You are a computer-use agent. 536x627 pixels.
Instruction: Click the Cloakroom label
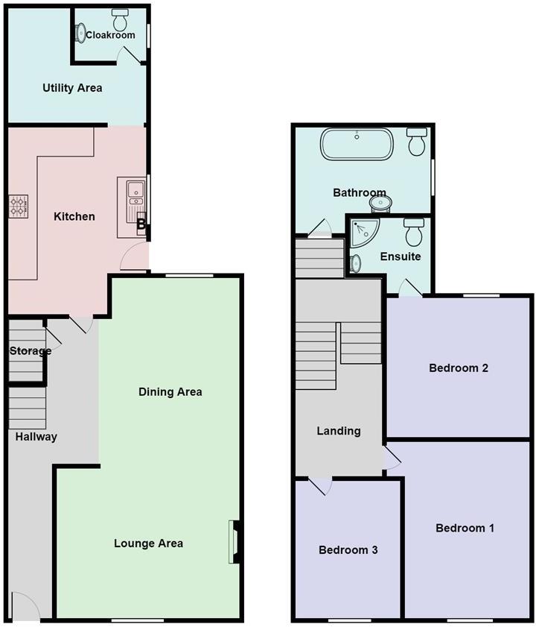coord(110,35)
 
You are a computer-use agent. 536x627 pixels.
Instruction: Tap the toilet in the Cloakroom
coord(119,15)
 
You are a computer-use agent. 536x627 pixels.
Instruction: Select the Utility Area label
coord(72,88)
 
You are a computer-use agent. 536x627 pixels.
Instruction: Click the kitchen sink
coord(135,192)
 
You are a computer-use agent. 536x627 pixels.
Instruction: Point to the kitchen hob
coord(18,206)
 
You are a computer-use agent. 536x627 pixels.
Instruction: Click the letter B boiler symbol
coord(141,223)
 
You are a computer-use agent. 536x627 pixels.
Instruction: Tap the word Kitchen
coord(74,217)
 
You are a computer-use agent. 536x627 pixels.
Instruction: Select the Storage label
coord(31,351)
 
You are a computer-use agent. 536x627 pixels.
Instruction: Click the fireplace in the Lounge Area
coord(234,541)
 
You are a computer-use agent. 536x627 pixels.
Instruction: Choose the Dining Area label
coord(170,391)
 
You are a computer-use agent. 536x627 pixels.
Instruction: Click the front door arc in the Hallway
coord(25,605)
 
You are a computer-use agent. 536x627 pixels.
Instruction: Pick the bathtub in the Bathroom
coord(357,145)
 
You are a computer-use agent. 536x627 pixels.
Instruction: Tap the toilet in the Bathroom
coord(417,141)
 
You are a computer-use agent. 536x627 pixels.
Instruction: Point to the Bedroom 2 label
coord(459,368)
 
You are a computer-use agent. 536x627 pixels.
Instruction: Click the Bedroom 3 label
coord(348,550)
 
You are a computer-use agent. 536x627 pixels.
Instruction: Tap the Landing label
coord(339,431)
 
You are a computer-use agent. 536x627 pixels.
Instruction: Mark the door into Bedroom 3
coord(321,485)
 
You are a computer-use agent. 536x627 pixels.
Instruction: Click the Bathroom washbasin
coord(382,201)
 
